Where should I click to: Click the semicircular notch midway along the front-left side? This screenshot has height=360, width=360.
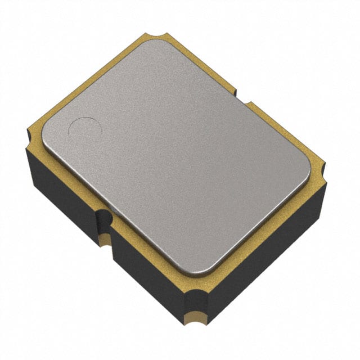coord(105,220)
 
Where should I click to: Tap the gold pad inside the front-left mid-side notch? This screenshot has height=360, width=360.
coord(105,241)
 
